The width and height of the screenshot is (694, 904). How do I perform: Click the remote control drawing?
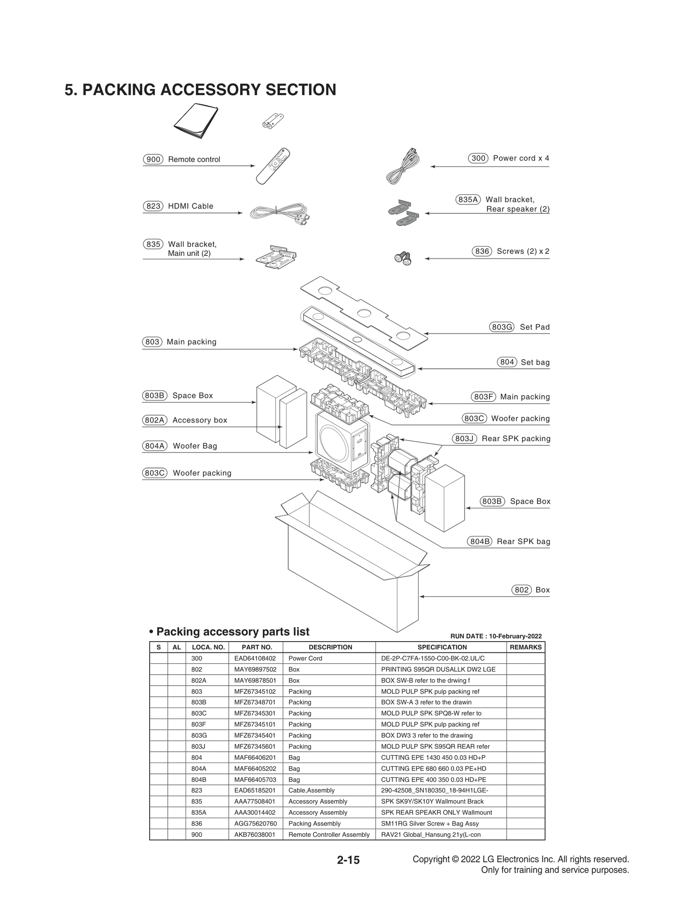[x=273, y=166]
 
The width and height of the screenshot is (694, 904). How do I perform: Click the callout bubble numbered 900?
[x=153, y=159]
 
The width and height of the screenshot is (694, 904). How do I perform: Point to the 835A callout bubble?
[x=468, y=200]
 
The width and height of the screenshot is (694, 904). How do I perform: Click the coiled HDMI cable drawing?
[x=280, y=214]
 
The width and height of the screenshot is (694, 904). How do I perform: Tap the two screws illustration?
[x=403, y=259]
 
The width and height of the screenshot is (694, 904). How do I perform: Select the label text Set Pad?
[x=534, y=327]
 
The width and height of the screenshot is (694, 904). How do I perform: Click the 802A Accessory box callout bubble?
[x=155, y=420]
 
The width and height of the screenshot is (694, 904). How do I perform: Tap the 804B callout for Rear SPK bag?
[x=479, y=541]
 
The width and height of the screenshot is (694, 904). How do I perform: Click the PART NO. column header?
[x=257, y=647]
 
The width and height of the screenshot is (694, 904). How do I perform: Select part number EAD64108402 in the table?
[x=255, y=658]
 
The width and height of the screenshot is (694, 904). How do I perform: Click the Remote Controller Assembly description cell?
[x=329, y=835]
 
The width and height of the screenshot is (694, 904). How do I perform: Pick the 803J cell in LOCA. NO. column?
[x=198, y=747]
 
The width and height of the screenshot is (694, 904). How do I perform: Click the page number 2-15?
[x=348, y=860]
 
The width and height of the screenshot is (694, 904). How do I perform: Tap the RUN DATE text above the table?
[x=496, y=636]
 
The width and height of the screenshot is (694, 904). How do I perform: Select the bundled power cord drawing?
[x=403, y=167]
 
